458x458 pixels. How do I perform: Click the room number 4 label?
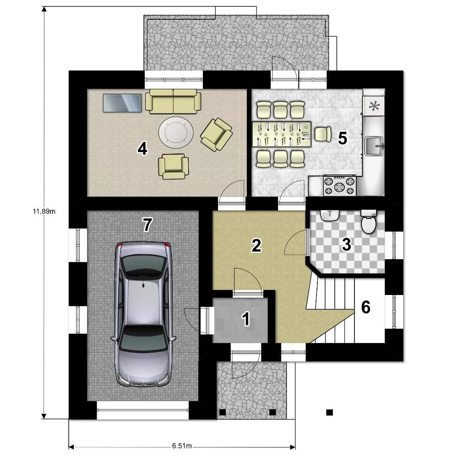tap(142, 148)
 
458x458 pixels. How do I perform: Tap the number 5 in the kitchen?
tap(342, 138)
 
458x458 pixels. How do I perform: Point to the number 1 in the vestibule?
tap(246, 319)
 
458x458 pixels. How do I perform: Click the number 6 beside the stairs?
tap(365, 307)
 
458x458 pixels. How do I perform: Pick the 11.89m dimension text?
tap(44, 211)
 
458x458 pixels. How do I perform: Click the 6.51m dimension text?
tap(182, 446)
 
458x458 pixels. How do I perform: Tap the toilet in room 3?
tap(369, 222)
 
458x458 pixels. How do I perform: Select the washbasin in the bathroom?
tap(330, 215)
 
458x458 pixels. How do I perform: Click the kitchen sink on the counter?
tap(374, 146)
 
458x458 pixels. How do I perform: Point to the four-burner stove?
tap(340, 185)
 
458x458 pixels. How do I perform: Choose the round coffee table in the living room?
tap(176, 132)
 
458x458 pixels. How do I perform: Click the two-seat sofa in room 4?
tap(173, 101)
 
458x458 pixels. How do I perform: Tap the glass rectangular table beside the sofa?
tap(122, 103)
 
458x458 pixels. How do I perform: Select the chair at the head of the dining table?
tap(323, 134)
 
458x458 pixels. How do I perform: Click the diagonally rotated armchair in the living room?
tap(217, 134)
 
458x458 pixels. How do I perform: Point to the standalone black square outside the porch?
tap(329, 413)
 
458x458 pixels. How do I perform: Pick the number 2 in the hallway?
tap(256, 245)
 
